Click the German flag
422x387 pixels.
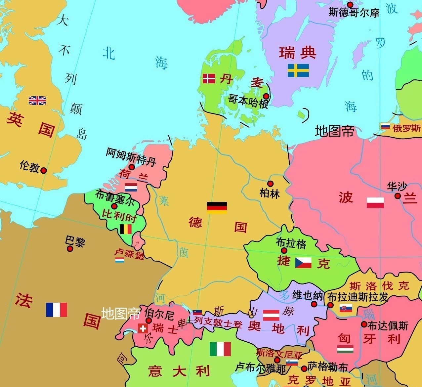coord(217,207)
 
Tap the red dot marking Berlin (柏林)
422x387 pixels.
coord(270,184)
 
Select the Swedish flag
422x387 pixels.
coord(298,70)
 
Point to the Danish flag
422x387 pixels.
coord(209,78)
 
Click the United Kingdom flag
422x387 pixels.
coord(37,100)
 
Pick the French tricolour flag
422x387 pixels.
coord(57,310)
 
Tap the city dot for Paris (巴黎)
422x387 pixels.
coord(70,248)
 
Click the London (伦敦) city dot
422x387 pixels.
coord(44,170)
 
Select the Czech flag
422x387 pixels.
coord(303,262)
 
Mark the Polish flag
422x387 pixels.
coord(375,202)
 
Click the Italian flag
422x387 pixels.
coord(220,349)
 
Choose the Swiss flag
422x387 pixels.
coord(143,328)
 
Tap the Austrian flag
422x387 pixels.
coord(271,315)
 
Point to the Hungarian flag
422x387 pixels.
coord(345,349)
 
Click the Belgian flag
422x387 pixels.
coord(126,229)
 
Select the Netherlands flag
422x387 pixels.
coord(131,188)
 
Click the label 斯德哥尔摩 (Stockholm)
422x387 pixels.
coord(354,13)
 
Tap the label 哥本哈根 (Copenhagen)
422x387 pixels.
coord(248,101)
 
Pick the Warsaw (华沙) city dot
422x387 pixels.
coord(398,196)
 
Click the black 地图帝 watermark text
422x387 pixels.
coord(334,131)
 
